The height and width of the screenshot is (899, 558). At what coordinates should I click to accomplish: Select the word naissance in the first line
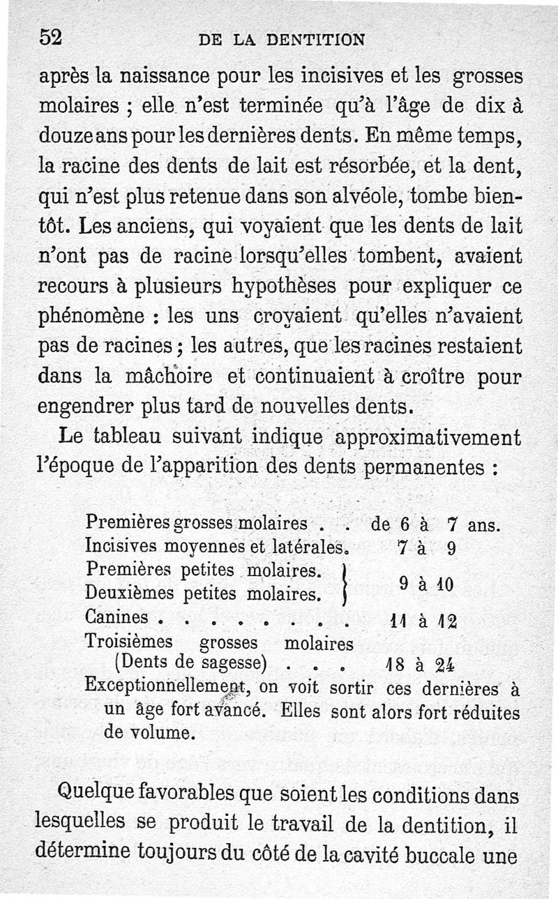click(140, 75)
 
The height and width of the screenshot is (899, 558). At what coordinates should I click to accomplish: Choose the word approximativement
click(427, 437)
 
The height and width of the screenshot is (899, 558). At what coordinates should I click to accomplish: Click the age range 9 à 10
click(426, 582)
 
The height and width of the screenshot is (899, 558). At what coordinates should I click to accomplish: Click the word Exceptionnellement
click(166, 688)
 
